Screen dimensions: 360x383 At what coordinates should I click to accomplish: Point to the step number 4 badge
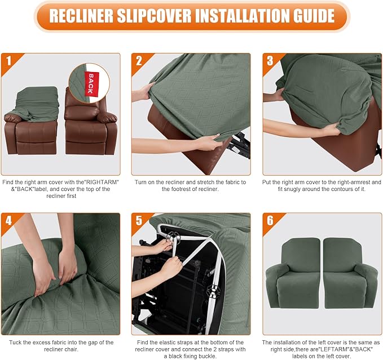pyautogui.click(x=8, y=220)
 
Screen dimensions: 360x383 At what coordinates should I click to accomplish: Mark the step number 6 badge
pyautogui.click(x=270, y=220)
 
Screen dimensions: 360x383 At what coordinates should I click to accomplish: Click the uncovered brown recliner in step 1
pyautogui.click(x=90, y=127)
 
